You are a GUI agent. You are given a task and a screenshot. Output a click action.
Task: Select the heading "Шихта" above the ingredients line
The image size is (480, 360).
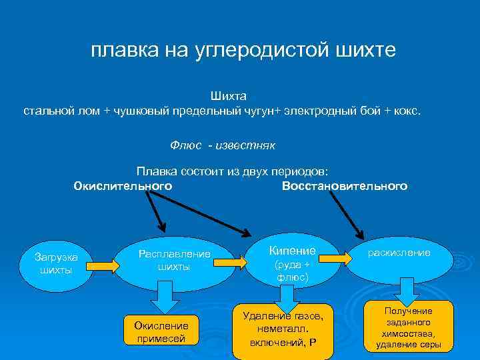(229, 97)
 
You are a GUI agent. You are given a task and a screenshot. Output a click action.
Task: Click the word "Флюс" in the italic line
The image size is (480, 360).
(185, 145)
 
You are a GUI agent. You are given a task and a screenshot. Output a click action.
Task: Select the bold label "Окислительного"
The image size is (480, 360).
(123, 185)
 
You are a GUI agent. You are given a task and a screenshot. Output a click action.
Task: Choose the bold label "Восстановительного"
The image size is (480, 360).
(345, 185)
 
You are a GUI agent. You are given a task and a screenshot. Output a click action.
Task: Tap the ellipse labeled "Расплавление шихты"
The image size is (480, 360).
(174, 261)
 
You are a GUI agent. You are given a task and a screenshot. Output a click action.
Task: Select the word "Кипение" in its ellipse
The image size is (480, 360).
(292, 251)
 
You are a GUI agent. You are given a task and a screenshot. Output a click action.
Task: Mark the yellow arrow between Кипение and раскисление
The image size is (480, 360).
(347, 257)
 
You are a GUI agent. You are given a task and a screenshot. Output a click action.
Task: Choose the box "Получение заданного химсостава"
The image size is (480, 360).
(408, 327)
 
